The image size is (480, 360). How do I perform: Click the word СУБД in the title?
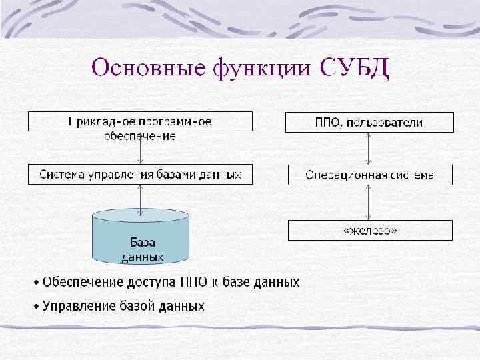[x=355, y=68]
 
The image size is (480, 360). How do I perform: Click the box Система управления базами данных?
[x=140, y=175]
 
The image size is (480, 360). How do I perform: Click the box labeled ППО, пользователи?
[x=369, y=123]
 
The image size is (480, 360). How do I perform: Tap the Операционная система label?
[x=369, y=175]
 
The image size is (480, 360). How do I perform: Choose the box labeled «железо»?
[x=369, y=231]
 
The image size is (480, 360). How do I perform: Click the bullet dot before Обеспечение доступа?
[x=37, y=283]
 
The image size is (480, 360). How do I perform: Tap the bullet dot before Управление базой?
[x=37, y=307]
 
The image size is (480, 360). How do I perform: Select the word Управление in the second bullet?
[x=76, y=307]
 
